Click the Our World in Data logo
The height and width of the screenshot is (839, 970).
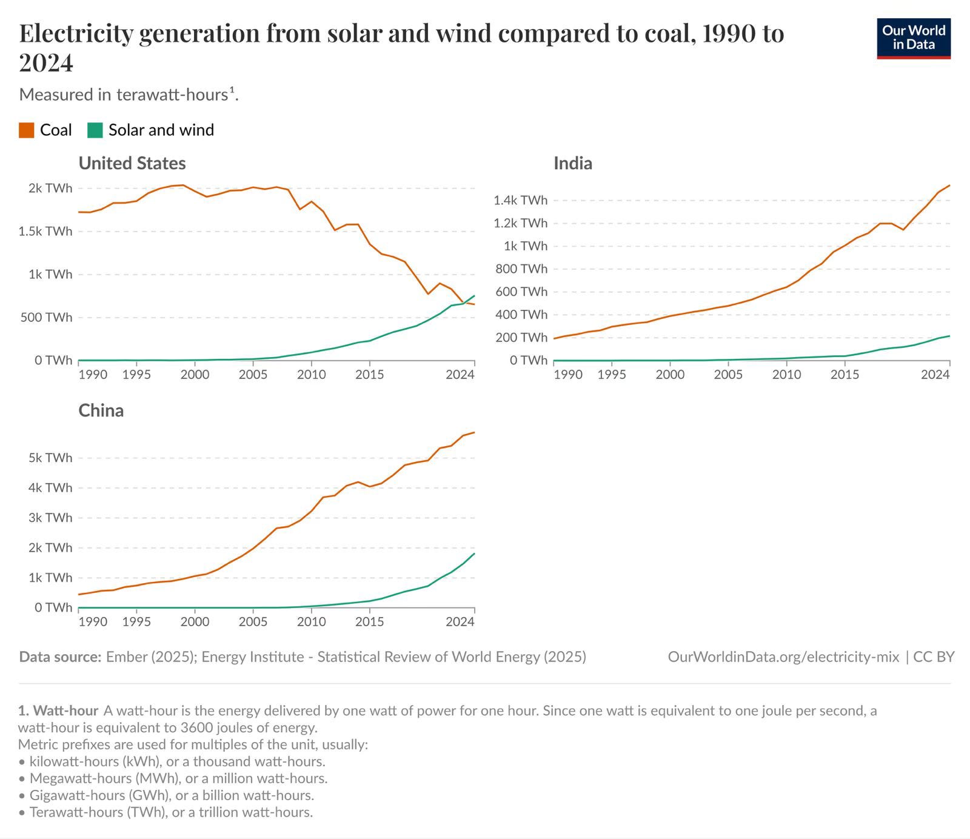914,38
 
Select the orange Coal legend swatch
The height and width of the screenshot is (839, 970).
26,130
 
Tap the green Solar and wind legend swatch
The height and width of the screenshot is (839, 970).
95,130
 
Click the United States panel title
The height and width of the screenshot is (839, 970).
132,163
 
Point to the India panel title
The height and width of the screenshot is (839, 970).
573,163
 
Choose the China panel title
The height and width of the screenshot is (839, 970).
101,410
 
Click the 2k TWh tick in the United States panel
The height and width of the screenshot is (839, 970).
50,188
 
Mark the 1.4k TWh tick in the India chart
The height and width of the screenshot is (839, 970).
520,200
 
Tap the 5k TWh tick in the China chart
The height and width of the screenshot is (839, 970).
50,458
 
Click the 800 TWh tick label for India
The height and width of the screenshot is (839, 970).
521,269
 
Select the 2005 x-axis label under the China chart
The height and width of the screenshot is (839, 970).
253,622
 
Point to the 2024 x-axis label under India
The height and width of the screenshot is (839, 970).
935,375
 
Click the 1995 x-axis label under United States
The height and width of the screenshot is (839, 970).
136,375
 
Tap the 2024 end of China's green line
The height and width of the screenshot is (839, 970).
474,553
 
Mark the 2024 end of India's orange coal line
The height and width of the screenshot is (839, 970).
949,186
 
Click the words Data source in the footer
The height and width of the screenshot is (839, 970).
60,657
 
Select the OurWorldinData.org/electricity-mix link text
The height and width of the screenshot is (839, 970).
783,657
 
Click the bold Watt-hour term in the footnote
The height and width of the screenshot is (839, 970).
66,710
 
